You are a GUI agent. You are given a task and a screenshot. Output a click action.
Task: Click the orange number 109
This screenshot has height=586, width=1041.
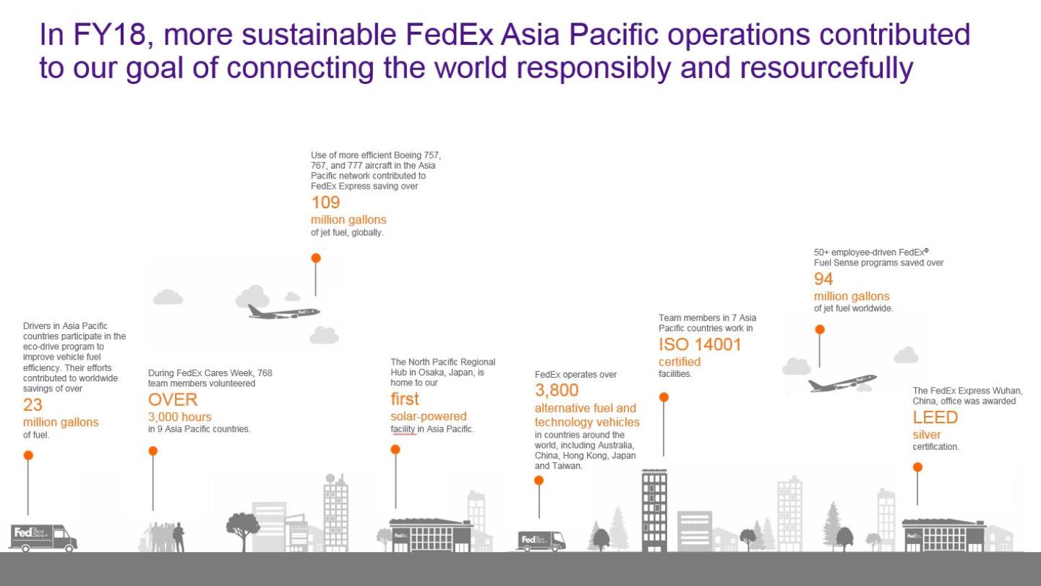pyautogui.click(x=325, y=202)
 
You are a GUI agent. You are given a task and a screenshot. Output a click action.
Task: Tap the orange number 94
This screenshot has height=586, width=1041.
pyautogui.click(x=823, y=279)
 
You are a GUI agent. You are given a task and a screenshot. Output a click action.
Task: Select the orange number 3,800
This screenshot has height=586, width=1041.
pyautogui.click(x=557, y=391)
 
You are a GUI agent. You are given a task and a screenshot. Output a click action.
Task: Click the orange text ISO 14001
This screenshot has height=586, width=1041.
pyautogui.click(x=700, y=344)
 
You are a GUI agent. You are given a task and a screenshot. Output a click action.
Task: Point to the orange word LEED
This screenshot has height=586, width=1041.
pyautogui.click(x=935, y=417)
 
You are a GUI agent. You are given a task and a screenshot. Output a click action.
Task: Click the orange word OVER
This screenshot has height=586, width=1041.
pyautogui.click(x=173, y=399)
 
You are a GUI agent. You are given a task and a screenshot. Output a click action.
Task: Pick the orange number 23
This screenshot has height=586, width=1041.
pyautogui.click(x=33, y=405)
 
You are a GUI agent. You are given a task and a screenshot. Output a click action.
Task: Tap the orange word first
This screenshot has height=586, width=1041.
pyautogui.click(x=404, y=399)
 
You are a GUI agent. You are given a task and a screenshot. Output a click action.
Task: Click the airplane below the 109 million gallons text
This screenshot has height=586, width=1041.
pyautogui.click(x=283, y=312)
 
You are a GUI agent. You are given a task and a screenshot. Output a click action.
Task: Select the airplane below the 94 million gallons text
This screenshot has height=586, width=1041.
pyautogui.click(x=841, y=383)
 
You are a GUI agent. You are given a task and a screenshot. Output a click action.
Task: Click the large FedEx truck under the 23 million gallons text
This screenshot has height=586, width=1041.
pyautogui.click(x=43, y=538)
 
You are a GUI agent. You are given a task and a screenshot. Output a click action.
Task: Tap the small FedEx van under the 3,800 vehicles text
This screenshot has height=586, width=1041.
pyautogui.click(x=541, y=540)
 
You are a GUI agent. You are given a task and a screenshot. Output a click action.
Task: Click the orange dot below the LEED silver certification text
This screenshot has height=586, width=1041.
pyautogui.click(x=917, y=467)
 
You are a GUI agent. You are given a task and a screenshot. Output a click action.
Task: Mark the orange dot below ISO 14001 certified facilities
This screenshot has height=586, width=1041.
pyautogui.click(x=664, y=397)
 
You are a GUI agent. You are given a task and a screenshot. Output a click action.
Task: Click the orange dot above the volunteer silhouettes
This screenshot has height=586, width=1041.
pyautogui.click(x=153, y=451)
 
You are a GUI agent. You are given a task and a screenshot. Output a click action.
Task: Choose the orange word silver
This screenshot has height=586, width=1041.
pyautogui.click(x=927, y=435)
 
